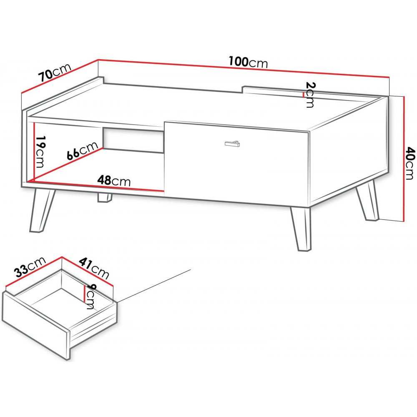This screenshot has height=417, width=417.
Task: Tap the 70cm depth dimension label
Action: tap(55, 72)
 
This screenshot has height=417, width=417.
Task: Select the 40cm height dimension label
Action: tap(410, 163)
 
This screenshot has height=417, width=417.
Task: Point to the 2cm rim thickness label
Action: tap(310, 94)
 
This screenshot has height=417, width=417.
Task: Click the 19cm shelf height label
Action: tap(40, 152)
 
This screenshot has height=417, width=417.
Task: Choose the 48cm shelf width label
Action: tap(114, 181)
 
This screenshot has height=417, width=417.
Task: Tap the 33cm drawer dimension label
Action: tap(30, 267)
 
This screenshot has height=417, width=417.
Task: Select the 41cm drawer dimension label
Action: tap(94, 268)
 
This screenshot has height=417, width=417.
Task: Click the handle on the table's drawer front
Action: tap(232, 143)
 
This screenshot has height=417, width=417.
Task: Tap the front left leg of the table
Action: tap(42, 210)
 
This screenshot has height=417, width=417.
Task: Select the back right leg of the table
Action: tap(368, 200)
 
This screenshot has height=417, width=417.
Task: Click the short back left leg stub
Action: tap(105, 198)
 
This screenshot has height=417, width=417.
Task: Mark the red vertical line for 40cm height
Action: tap(403, 158)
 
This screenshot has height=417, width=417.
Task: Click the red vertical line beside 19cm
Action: tap(34, 151)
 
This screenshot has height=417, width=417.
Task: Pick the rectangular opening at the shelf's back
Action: tap(133, 141)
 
